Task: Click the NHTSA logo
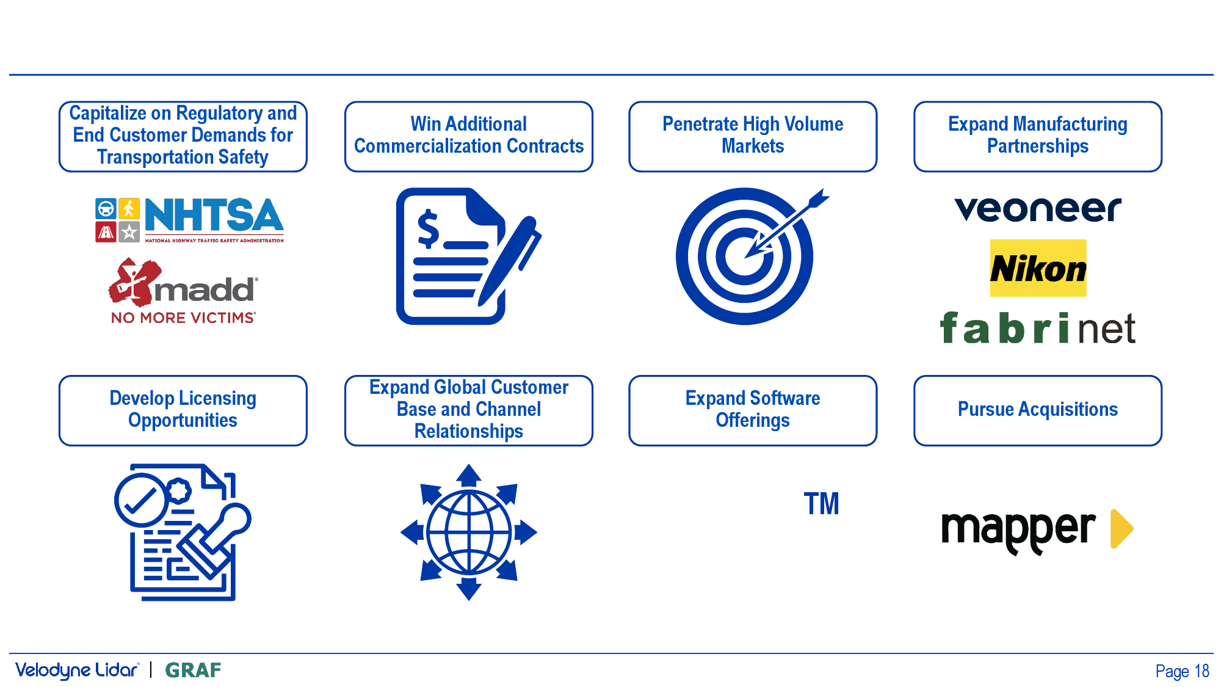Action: point(189,220)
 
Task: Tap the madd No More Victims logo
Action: point(183,291)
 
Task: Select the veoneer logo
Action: point(1038,209)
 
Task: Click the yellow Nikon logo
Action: point(1038,268)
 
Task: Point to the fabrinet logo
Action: point(1037,328)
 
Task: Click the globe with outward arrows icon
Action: point(469,532)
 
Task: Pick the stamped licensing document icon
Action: point(183,532)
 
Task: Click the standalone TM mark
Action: point(821,504)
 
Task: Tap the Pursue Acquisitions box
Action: point(1038,410)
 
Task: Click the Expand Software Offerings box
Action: point(753,410)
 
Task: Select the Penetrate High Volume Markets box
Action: point(753,136)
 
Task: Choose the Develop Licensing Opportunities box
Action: point(183,410)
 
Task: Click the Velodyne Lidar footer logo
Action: point(78,671)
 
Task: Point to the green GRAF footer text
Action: point(193,671)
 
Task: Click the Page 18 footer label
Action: point(1182,671)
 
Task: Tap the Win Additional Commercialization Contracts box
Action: point(469,136)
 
